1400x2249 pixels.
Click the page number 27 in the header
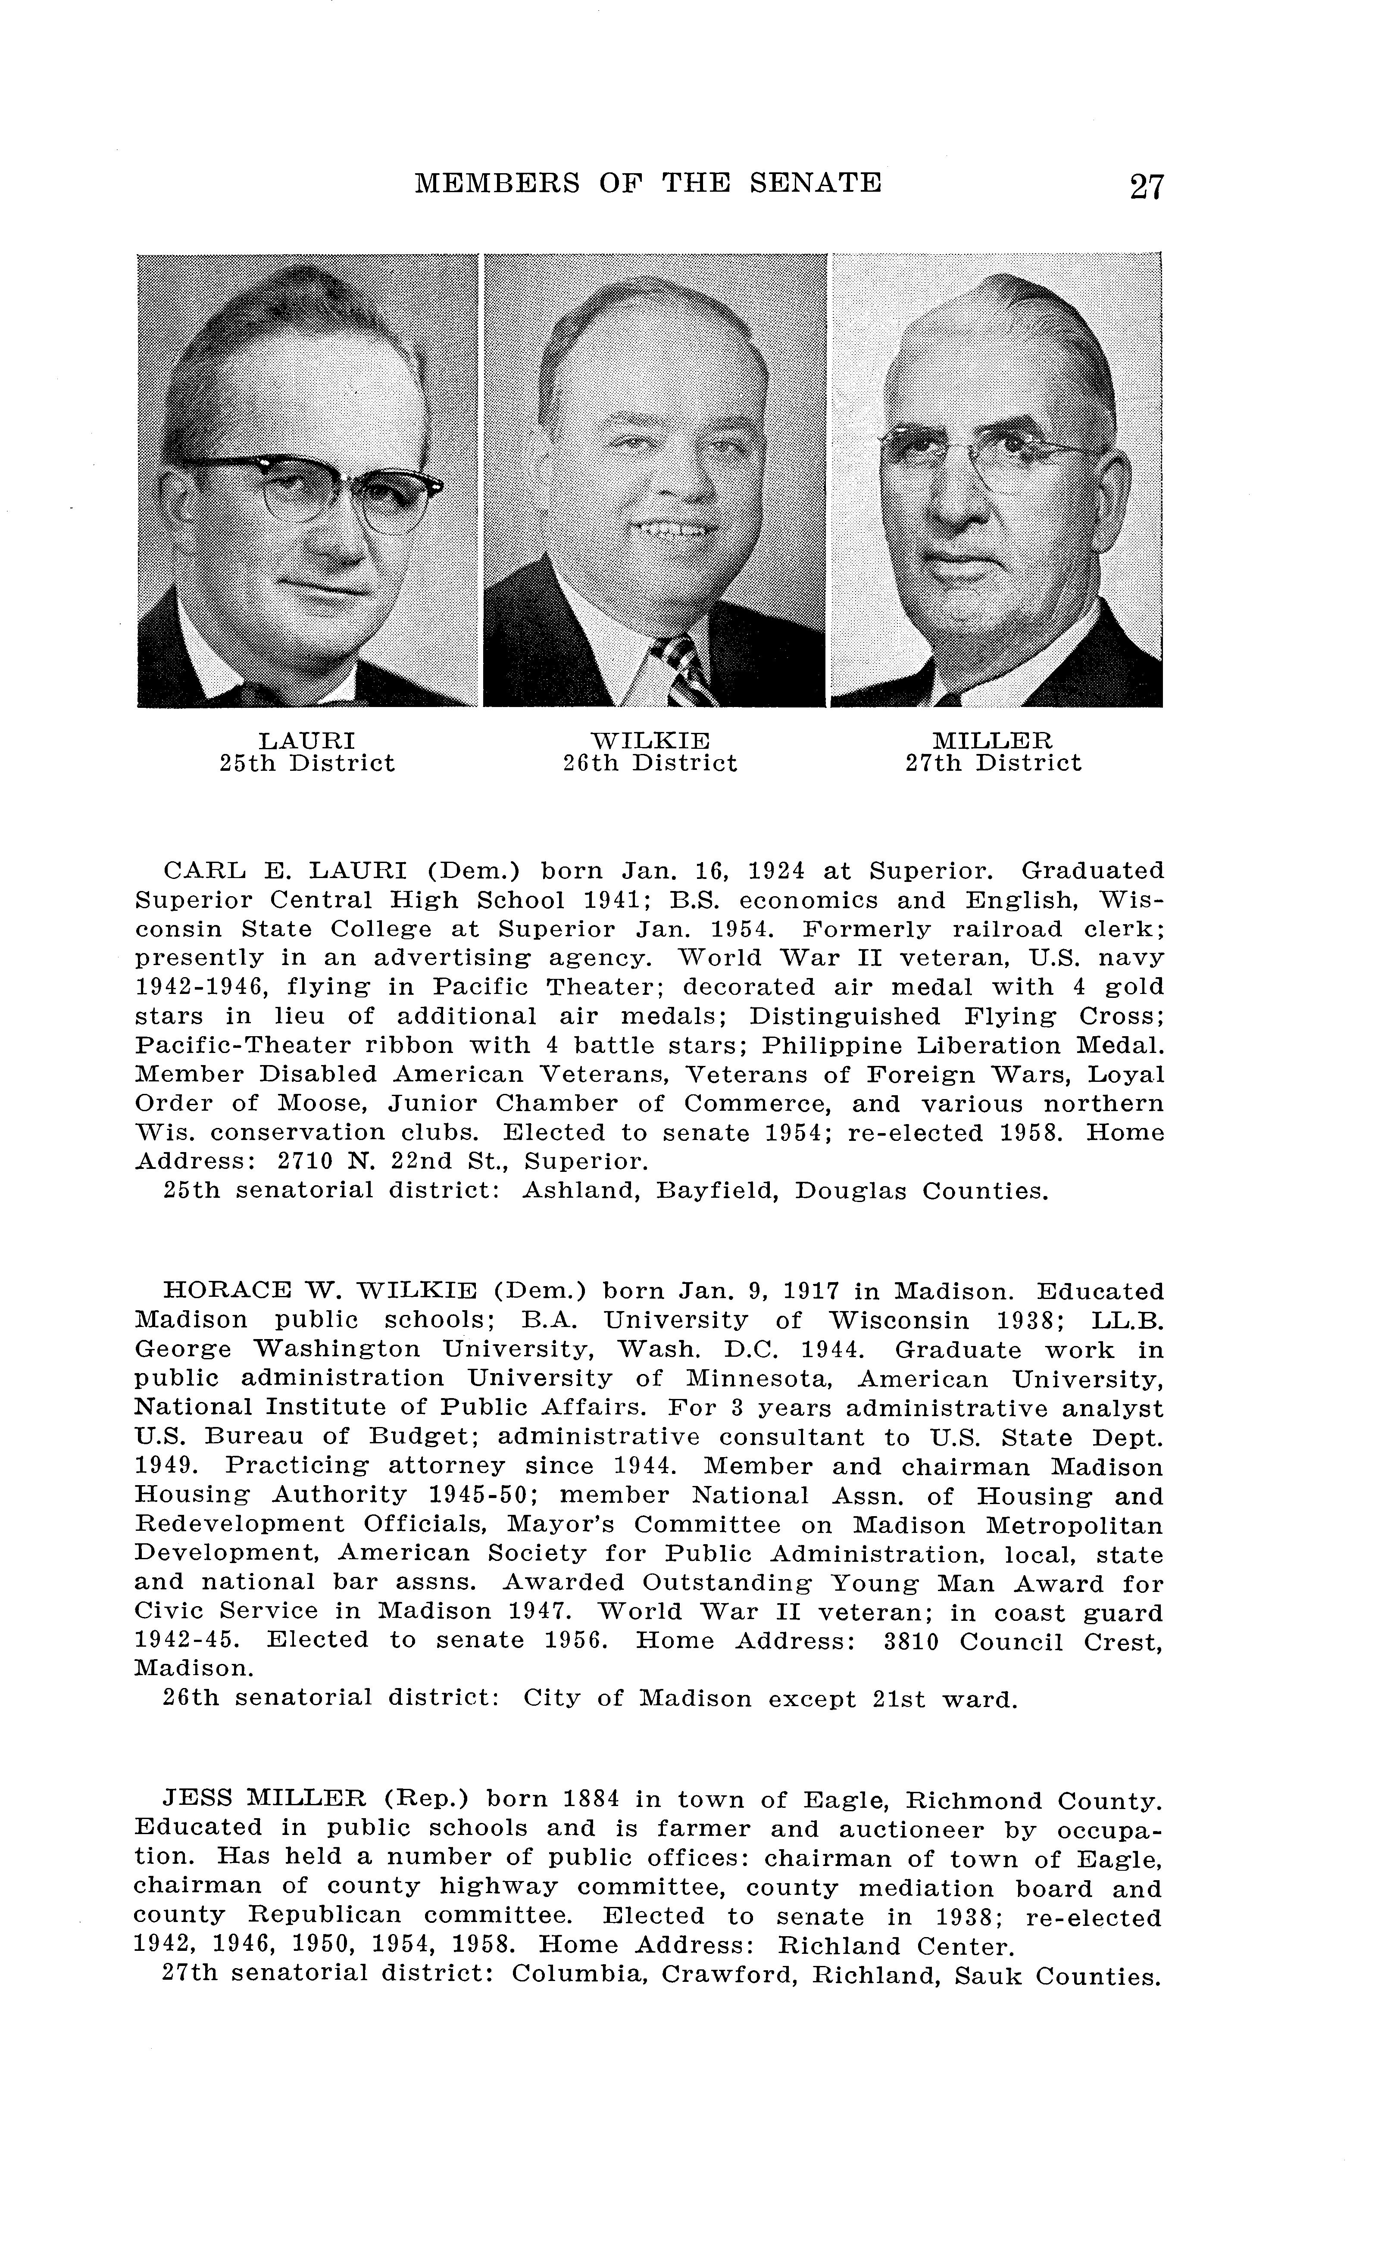coord(1146,186)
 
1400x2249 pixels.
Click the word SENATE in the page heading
coord(815,182)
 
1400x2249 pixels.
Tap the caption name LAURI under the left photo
coord(306,741)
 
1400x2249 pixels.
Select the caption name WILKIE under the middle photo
coord(650,741)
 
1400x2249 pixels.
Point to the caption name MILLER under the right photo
coord(993,741)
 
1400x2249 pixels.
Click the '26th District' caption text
coord(650,763)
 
